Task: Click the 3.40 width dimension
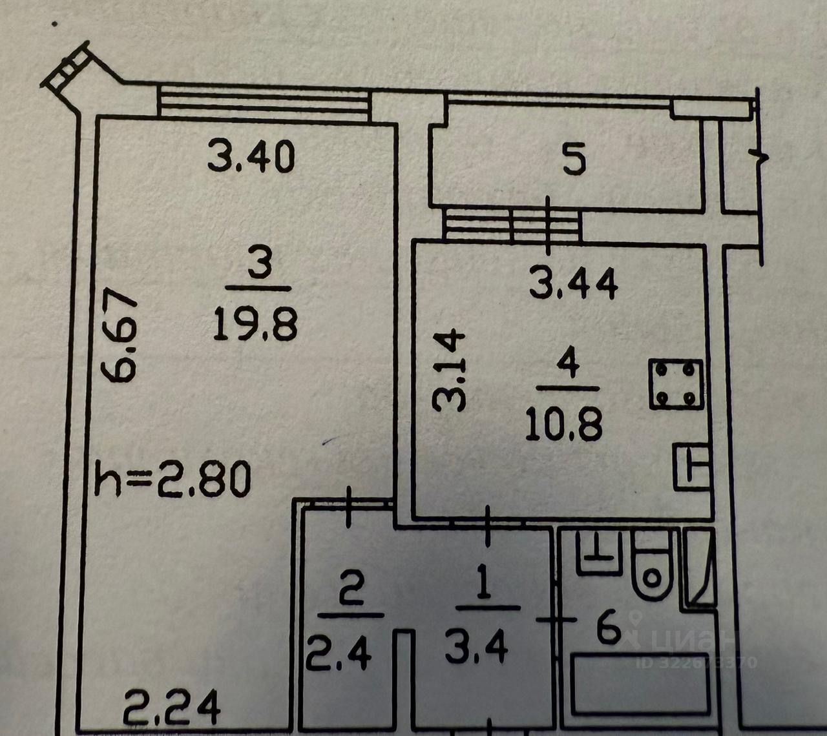pyautogui.click(x=251, y=157)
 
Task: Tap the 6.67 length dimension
pyautogui.click(x=120, y=336)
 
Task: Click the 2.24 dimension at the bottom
pyautogui.click(x=172, y=708)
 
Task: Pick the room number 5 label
pyautogui.click(x=574, y=160)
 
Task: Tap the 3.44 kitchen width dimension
pyautogui.click(x=573, y=284)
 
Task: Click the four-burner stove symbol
pyautogui.click(x=676, y=384)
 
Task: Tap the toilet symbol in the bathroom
pyautogui.click(x=654, y=568)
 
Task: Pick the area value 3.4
pyautogui.click(x=477, y=649)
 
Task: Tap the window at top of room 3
pyautogui.click(x=264, y=103)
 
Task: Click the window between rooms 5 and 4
pyautogui.click(x=512, y=223)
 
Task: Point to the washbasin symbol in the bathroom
pyautogui.click(x=598, y=553)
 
